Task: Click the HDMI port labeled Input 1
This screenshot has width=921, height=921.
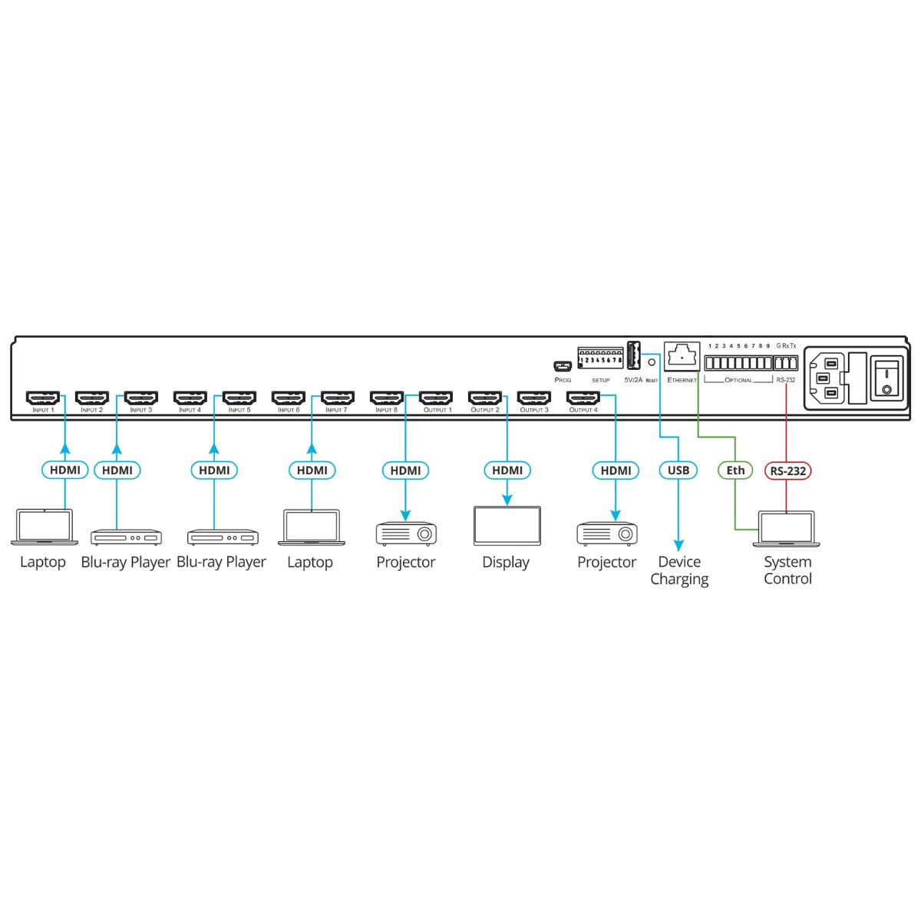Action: (x=43, y=398)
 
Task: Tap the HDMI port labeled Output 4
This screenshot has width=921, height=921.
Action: (x=583, y=398)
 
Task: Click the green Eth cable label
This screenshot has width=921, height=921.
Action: (x=735, y=470)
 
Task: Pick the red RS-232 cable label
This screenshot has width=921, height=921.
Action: (x=787, y=470)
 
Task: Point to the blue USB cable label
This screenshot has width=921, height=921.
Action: (x=678, y=470)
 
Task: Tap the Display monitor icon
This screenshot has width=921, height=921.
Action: (x=507, y=527)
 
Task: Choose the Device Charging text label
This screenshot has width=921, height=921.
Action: (x=679, y=570)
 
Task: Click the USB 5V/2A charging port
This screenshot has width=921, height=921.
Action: (x=633, y=358)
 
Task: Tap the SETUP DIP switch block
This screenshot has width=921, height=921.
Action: (x=600, y=358)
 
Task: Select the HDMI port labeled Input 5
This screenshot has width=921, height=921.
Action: (x=239, y=398)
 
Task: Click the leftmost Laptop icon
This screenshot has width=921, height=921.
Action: (x=44, y=528)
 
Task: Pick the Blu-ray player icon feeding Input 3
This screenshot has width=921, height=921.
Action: (x=127, y=537)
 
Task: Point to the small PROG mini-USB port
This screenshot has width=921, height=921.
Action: (x=563, y=365)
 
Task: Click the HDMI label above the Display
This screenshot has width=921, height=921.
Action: (x=507, y=470)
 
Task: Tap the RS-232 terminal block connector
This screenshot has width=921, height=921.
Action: (x=786, y=364)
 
